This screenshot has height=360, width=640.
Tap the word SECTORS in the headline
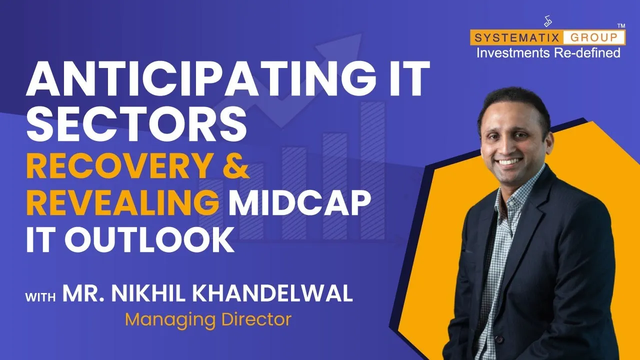pyautogui.click(x=136, y=123)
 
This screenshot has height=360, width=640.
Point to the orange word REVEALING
pyautogui.click(x=123, y=202)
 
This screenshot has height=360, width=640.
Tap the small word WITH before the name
pyautogui.click(x=40, y=297)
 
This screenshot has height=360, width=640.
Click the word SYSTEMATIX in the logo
pyautogui.click(x=516, y=37)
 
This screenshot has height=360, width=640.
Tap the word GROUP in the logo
pyautogui.click(x=594, y=37)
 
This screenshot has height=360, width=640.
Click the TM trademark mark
pyautogui.click(x=621, y=25)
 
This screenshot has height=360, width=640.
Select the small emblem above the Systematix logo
pyautogui.click(x=547, y=21)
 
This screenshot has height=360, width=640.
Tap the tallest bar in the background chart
pyautogui.click(x=372, y=170)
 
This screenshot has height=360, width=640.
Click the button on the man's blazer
pyautogui.click(x=499, y=339)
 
